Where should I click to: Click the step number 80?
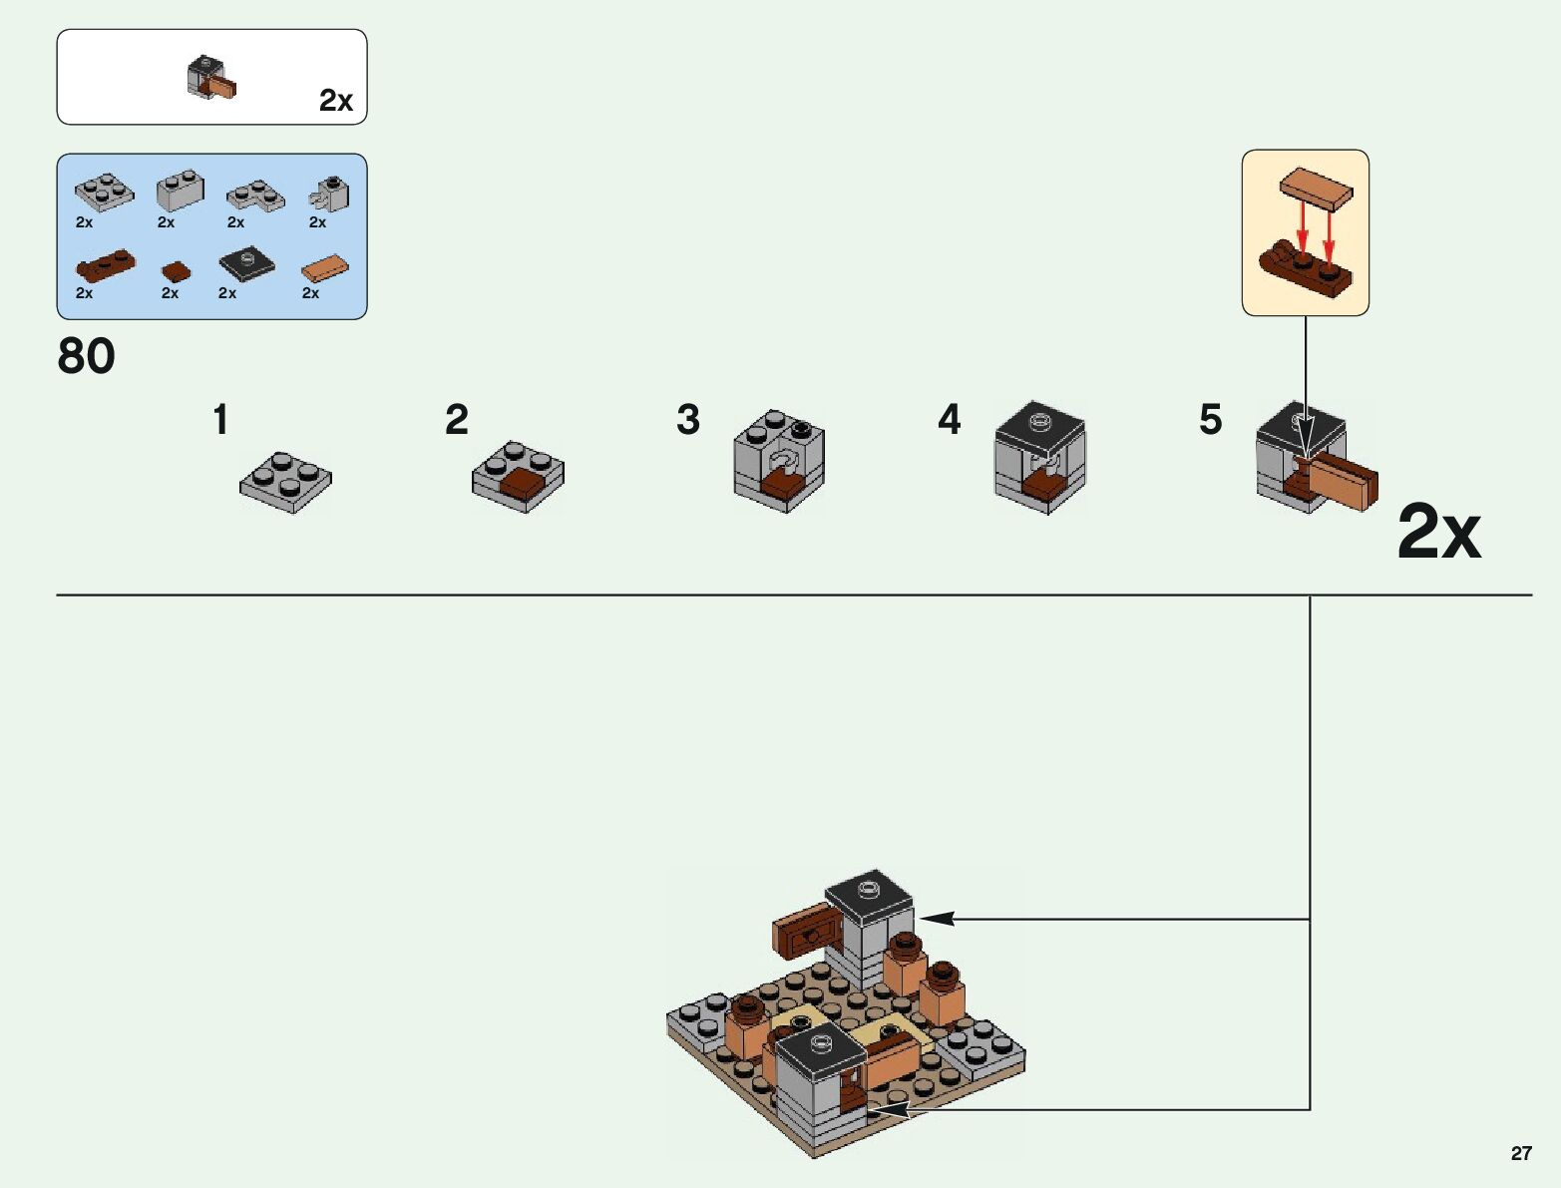point(87,356)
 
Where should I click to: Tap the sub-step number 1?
point(220,420)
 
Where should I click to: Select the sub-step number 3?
point(687,420)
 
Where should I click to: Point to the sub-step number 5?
point(1210,420)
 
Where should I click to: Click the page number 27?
point(1520,1153)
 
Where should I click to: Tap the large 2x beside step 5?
point(1438,532)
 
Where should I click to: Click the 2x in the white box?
point(336,101)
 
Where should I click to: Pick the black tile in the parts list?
point(246,262)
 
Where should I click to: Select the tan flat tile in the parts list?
point(325,267)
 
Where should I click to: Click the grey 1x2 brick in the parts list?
point(181,190)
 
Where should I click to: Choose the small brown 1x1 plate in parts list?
point(176,271)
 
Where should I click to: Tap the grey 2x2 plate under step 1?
point(285,482)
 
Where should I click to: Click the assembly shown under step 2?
point(518,477)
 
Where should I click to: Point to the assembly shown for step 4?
point(1039,457)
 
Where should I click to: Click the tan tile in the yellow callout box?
point(1317,188)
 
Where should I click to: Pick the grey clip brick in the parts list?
point(331,194)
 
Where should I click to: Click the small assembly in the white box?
point(211,79)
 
